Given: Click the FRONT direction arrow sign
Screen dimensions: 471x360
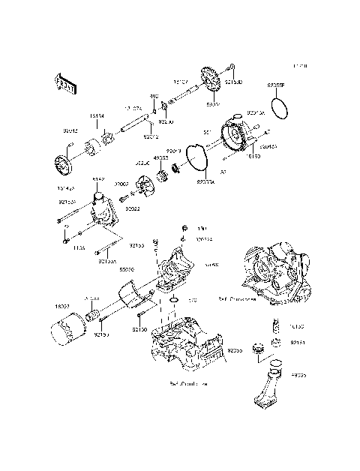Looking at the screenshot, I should (65, 84).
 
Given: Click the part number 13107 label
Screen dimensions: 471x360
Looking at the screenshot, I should (180, 81).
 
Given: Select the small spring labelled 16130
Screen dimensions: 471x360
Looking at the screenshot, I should (274, 325).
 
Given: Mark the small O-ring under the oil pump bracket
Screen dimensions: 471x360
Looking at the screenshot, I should (173, 301).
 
